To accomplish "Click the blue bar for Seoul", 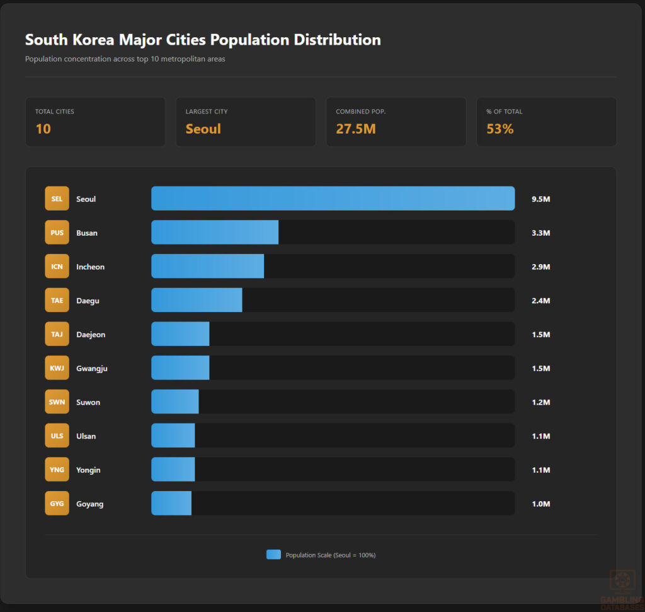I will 333,199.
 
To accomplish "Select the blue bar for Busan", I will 215,233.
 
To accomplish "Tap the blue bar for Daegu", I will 197,301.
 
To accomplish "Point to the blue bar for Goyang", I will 171,504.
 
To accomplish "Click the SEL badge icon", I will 57,199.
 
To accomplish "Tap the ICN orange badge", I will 57,267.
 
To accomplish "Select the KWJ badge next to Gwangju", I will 57,368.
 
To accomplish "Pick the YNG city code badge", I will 57,470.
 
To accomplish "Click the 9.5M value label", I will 540,199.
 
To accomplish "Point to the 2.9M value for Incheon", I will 540,267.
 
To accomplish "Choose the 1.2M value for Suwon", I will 540,403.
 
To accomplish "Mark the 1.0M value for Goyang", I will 540,504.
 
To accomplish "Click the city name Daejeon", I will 91,335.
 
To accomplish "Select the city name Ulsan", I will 86,436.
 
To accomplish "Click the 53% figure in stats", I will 499,129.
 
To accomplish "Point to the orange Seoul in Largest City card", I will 203,129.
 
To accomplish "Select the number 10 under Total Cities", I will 43,129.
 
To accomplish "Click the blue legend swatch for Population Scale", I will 273,555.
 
